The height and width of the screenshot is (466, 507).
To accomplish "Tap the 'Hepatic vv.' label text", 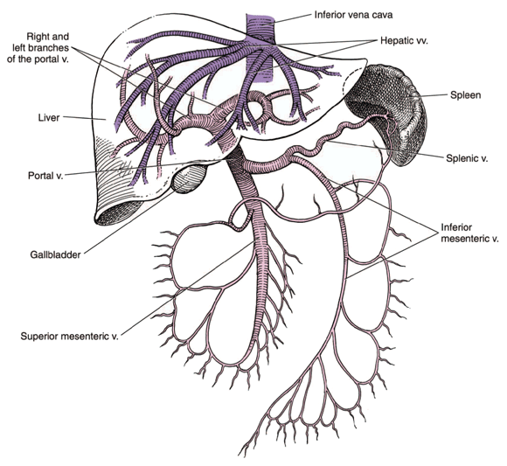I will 411,40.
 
